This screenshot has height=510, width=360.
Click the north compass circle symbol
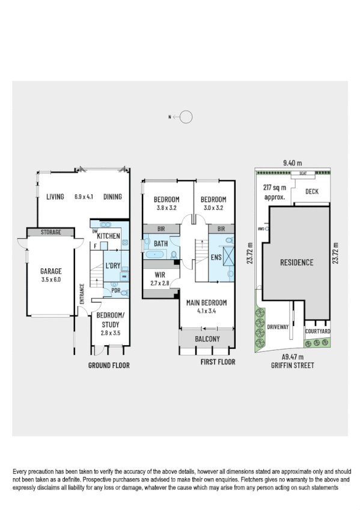coord(186,117)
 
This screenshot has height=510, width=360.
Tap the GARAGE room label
coord(50,271)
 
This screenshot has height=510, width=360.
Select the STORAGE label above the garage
coord(50,232)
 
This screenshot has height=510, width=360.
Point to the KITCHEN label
coord(109,236)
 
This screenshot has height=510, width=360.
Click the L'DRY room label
coord(112,265)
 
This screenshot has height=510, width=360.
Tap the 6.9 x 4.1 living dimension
coord(85,196)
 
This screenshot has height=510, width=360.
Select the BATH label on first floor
coord(160,244)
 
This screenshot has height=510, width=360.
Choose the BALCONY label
coord(207,339)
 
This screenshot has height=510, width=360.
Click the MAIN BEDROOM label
coord(206,303)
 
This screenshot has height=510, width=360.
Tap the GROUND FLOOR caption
coord(109,365)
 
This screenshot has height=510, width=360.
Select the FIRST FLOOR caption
coord(218,362)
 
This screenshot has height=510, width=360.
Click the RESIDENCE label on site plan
coord(296,262)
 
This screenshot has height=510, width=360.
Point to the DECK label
coord(312,192)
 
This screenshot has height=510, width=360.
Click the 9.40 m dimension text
coord(292,162)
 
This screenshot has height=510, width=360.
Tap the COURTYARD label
coord(317,331)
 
